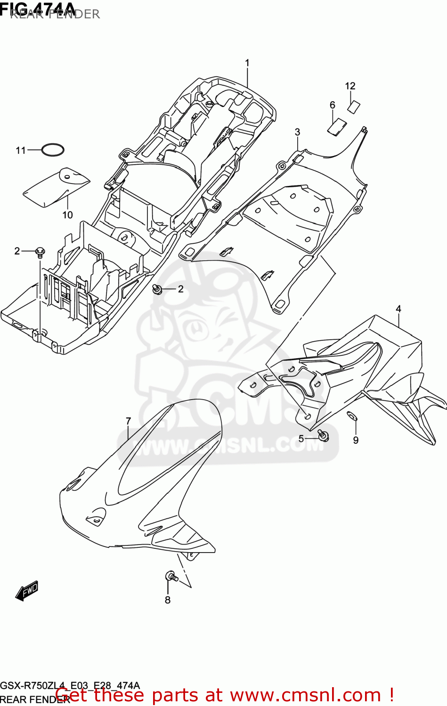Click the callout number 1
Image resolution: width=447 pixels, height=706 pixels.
pos(247,63)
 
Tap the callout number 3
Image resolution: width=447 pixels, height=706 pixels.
pos(297,132)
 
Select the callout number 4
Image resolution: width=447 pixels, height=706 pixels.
pos(398,309)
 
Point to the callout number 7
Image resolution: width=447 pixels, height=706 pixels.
pos(128,421)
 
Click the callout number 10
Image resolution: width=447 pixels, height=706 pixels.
pos(67,215)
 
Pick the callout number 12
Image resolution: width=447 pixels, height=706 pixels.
pos(350,86)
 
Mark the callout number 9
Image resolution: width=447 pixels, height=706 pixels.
pos(356,440)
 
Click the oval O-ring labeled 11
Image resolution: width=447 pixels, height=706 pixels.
pos(53,150)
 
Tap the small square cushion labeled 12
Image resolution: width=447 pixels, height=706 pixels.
pos(353,107)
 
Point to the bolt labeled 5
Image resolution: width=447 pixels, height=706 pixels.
pos(323,436)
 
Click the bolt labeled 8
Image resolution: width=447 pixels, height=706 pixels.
pos(171,576)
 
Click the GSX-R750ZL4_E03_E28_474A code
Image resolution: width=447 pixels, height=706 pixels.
pos(70,686)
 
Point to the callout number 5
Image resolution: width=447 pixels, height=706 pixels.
pos(301,439)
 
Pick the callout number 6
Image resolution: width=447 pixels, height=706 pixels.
pos(332,105)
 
